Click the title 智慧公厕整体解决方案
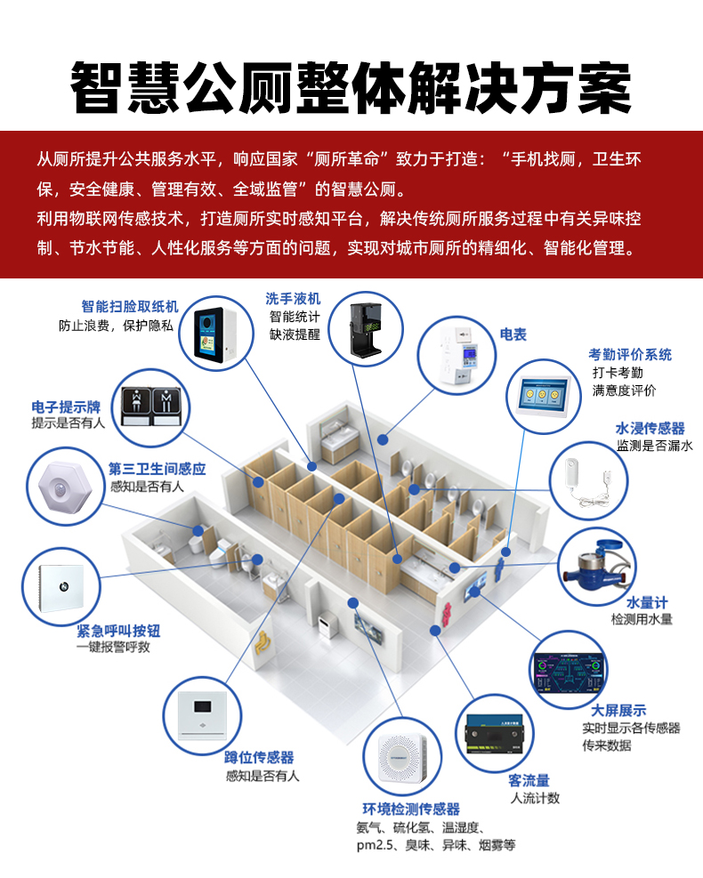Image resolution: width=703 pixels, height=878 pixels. coord(351,88)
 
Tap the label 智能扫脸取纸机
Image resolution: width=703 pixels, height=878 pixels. coord(130,306)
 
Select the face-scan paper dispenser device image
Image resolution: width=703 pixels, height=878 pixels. coord(215,334)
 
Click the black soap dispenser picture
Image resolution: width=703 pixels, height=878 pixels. coord(365,328)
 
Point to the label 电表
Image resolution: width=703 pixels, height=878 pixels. coord(513,334)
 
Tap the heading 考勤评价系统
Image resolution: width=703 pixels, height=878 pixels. coord(630,354)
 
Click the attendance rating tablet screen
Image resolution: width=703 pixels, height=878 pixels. coord(542,395)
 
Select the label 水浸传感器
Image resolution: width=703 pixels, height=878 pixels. coord(650,429)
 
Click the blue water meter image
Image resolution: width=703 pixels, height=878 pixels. coord(598,566)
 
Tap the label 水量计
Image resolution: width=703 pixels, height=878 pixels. coord(647,602)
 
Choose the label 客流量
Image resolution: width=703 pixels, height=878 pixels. coord(529,780)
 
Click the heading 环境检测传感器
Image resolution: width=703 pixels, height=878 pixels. coord(411,809)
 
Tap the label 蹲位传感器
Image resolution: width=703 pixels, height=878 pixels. coord(259,757)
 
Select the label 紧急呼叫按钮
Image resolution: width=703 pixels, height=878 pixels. coord(118,631)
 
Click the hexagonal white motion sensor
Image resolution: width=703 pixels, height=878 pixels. coord(64,486)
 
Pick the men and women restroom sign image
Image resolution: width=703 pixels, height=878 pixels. coord(151,407)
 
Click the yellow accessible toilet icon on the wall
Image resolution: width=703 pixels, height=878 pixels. coord(262,643)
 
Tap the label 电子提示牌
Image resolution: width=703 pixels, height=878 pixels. coord(66,407)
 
